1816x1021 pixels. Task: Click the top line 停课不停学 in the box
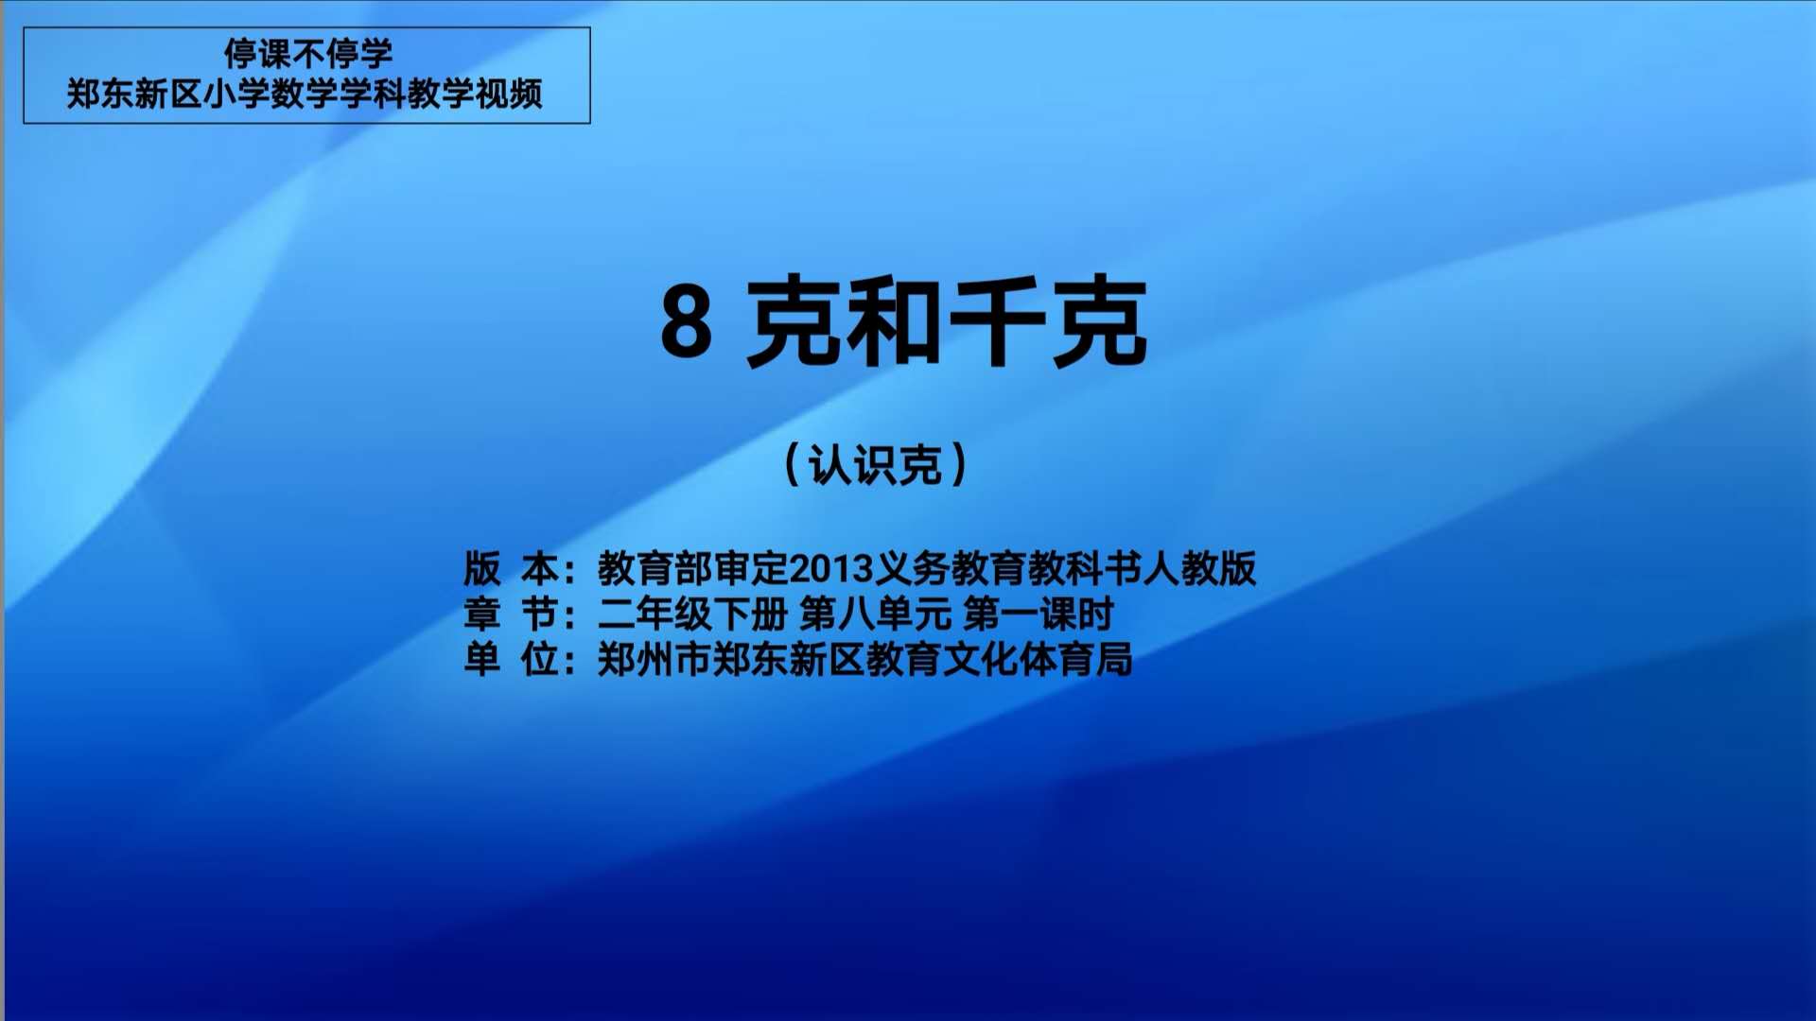307,53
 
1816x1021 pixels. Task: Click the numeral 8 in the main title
686,321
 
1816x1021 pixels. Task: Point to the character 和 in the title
893,321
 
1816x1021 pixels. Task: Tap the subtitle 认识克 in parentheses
876,465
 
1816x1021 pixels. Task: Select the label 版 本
511,568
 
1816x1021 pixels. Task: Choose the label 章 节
511,614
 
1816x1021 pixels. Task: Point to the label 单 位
511,660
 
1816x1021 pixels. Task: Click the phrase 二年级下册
693,614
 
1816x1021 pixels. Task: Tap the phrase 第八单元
876,614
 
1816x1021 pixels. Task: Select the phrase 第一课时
1039,614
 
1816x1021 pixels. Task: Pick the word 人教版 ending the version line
1199,568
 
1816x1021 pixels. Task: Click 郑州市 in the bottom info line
655,660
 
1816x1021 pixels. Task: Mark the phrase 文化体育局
1038,660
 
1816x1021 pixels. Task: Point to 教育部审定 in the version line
693,568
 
